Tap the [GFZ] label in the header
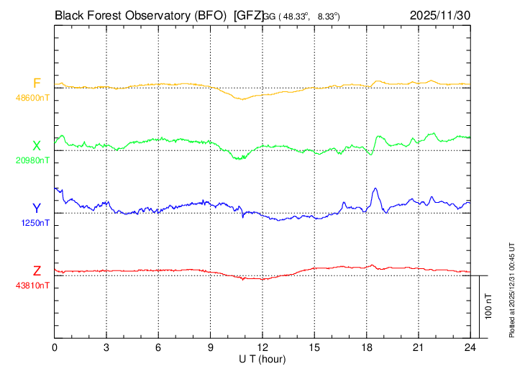pyautogui.click(x=249, y=14)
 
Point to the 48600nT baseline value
pyautogui.click(x=33, y=96)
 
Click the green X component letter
pyautogui.click(x=37, y=146)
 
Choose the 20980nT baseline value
pyautogui.click(x=33, y=160)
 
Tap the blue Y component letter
pyautogui.click(x=37, y=209)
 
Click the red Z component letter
pyautogui.click(x=37, y=271)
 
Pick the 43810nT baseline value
pyautogui.click(x=33, y=285)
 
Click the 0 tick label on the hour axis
pyautogui.click(x=55, y=347)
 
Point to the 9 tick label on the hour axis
pyautogui.click(x=211, y=347)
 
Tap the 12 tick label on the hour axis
pyautogui.click(x=262, y=347)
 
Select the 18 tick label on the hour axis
pyautogui.click(x=367, y=347)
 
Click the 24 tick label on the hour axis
pyautogui.click(x=470, y=347)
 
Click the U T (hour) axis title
pyautogui.click(x=262, y=358)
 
